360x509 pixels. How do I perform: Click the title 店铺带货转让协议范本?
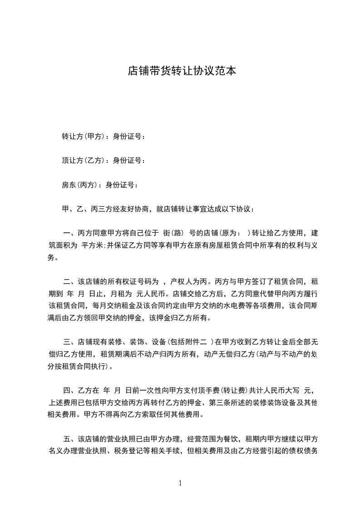[182, 71]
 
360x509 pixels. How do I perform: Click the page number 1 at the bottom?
[180, 483]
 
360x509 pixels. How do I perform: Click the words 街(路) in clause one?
[173, 234]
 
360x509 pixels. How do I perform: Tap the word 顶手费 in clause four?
[218, 390]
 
